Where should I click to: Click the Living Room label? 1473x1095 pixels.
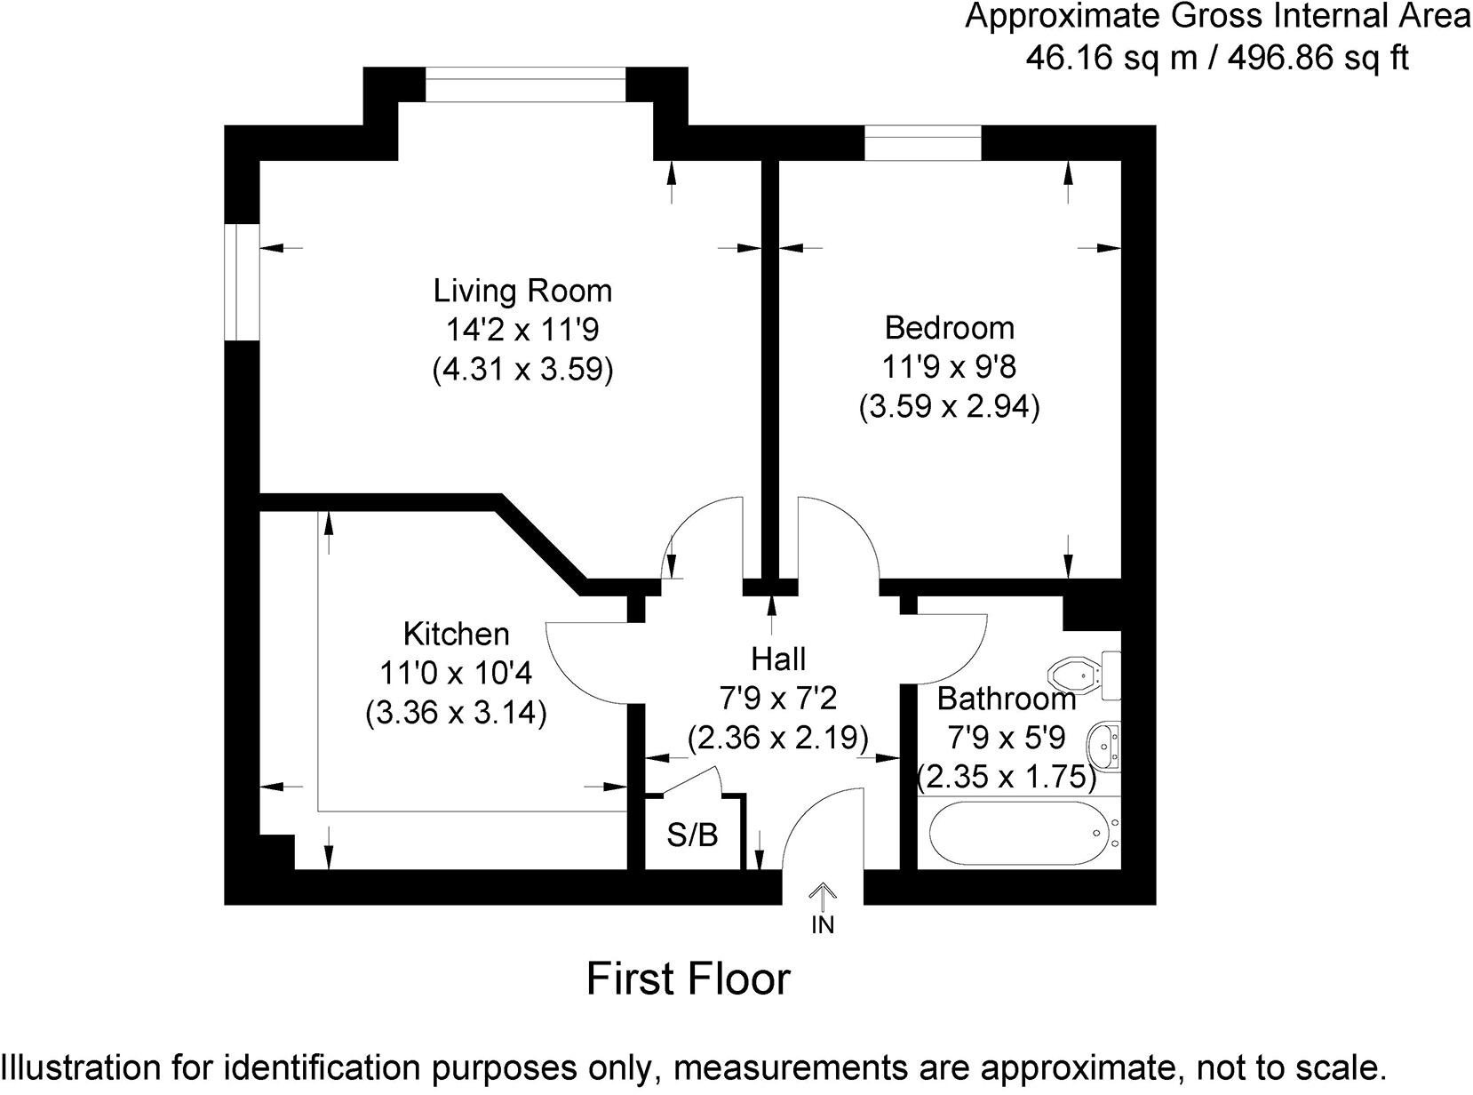click(x=522, y=291)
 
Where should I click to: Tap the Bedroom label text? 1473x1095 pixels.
click(x=949, y=328)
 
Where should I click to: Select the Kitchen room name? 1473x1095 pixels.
click(x=456, y=634)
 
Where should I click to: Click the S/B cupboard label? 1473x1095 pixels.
click(x=692, y=835)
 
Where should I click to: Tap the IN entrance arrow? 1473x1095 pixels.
click(x=823, y=898)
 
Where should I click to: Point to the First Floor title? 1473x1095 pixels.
click(x=688, y=979)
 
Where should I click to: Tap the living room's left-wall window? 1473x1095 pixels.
click(x=241, y=282)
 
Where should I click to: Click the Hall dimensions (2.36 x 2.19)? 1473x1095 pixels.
click(x=777, y=739)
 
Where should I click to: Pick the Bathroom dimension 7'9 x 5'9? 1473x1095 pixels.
click(x=1006, y=738)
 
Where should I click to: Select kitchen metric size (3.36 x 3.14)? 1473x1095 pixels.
click(x=456, y=713)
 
